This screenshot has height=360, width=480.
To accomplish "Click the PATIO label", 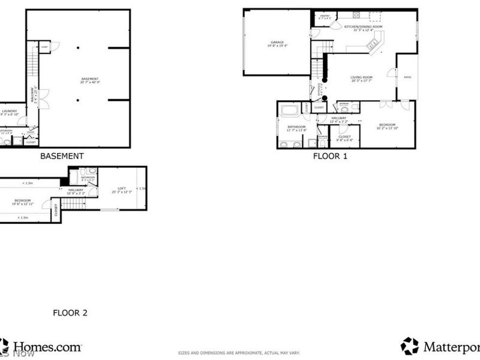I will pos(407,77).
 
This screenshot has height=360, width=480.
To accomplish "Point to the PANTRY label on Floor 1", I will pos(325,17).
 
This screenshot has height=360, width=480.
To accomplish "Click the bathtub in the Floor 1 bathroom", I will pos(289,110).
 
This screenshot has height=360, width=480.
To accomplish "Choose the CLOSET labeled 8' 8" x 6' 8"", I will pos(344,138).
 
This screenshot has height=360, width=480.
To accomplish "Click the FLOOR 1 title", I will pos(330,157).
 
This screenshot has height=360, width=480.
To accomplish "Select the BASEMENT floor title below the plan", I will pos(61,157).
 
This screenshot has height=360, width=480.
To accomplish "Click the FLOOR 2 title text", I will pos(70,313).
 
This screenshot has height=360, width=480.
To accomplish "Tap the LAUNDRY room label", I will pos(9,112).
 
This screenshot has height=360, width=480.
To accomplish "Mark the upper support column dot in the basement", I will pos(77,48).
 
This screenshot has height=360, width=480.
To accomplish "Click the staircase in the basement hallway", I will pos(32,62).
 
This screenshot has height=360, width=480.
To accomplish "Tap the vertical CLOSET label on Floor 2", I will pos(56,210).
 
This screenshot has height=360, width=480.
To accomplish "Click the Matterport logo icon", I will pos(409,346).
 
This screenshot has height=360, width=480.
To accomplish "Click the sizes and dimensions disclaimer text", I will pos(239,353).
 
